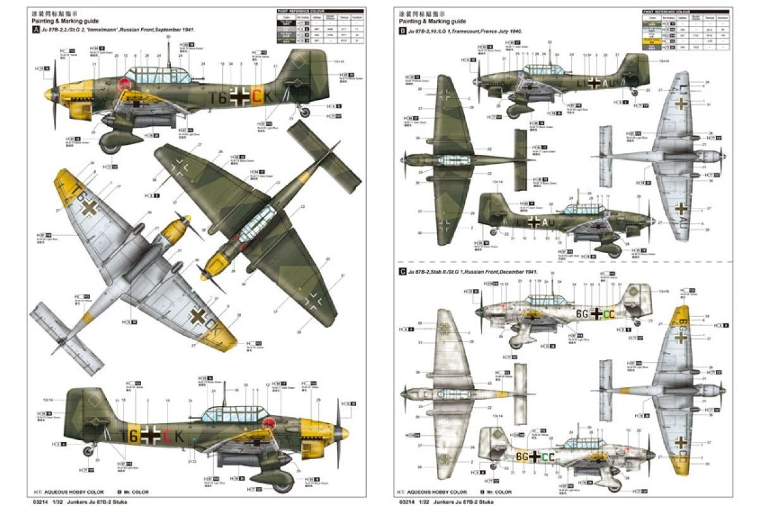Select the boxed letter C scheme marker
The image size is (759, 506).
pos(402,271)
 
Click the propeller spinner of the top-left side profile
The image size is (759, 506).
pos(52,96)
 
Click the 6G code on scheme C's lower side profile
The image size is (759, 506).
pos(522,455)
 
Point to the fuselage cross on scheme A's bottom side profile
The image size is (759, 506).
pos(151,436)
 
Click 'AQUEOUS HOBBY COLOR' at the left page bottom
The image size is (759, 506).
pos(73,492)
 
